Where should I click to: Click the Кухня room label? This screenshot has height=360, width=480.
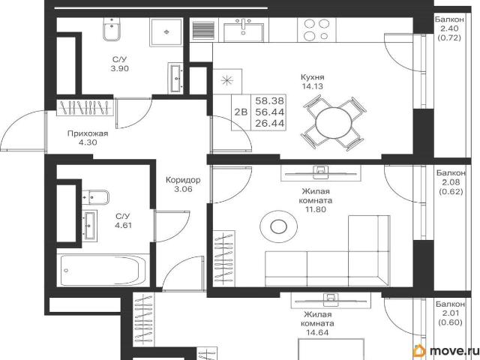pos(312,76)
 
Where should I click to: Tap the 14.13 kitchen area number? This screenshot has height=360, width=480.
pos(312,86)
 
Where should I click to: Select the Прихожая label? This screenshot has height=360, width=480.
pos(88,133)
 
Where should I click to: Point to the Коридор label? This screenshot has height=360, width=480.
pos(183,180)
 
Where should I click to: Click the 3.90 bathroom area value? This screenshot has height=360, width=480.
pos(119,68)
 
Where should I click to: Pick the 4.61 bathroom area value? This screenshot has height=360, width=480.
pos(123,226)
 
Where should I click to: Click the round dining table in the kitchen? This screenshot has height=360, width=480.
pos(334,123)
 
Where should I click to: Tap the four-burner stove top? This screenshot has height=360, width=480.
pos(316,30)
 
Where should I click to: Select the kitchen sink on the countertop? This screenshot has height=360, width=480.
pos(243,30)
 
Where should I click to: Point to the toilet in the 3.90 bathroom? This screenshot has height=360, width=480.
pos(112,29)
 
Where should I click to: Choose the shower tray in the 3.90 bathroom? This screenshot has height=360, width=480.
pos(166,31)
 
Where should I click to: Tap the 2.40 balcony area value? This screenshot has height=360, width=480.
pos(449,28)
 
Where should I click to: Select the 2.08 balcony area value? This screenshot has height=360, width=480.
pos(451,182)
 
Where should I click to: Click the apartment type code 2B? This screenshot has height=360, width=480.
pos(241,112)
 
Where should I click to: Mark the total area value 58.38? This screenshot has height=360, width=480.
pos(270,100)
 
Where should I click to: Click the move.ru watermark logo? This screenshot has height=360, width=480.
pos(445,351)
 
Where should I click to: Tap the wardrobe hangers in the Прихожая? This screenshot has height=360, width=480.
pos(85,107)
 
